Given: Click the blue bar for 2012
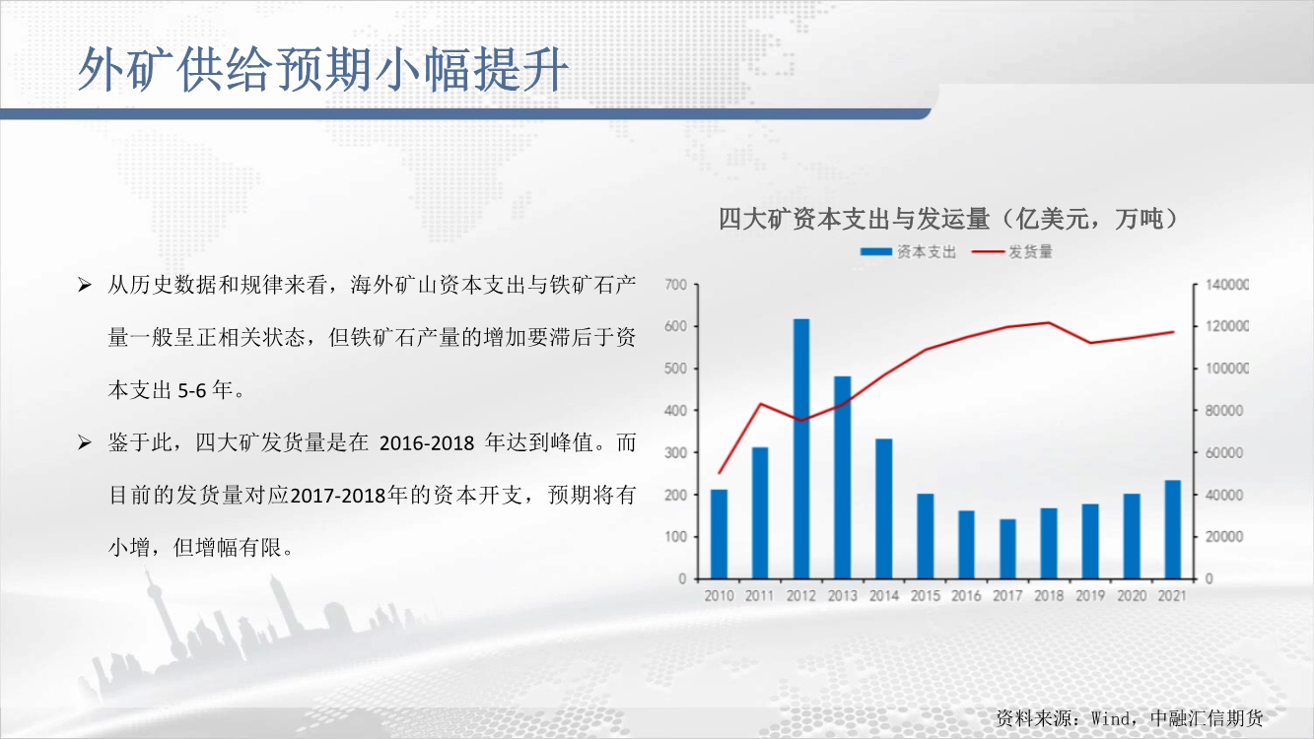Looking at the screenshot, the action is (x=801, y=448).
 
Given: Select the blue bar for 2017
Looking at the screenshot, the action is (x=1007, y=549).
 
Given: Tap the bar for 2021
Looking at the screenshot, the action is (x=1173, y=530).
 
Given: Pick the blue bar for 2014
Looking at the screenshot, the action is (x=884, y=508).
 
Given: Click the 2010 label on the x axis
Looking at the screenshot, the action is (x=720, y=596).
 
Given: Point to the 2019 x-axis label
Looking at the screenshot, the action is (x=1090, y=596).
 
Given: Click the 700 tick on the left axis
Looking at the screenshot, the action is (x=676, y=285).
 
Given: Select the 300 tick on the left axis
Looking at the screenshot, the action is (x=676, y=453).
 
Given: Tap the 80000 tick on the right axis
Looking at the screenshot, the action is (x=1224, y=411).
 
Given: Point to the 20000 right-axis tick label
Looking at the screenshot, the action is (x=1224, y=537).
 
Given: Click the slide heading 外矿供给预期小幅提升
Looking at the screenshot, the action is (x=323, y=70).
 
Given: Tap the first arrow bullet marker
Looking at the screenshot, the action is (x=85, y=286).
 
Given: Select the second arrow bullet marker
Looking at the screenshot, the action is (x=85, y=442).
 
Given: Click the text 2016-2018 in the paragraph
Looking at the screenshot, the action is (x=427, y=443).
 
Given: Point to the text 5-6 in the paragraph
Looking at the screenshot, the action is (x=192, y=390).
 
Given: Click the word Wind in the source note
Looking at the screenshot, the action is (x=1111, y=718).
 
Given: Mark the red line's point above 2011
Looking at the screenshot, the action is (x=760, y=404).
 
